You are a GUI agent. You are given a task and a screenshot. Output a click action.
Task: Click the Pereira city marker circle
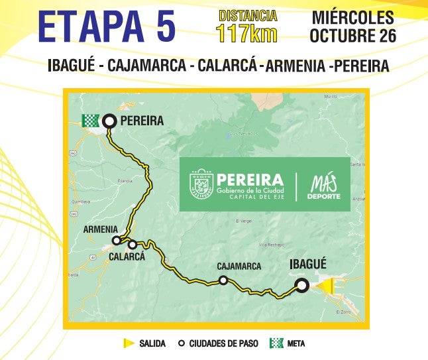[x=109, y=121]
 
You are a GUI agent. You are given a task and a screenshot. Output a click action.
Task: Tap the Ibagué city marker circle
[x=301, y=286]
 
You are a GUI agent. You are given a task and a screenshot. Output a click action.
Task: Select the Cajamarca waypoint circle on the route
[x=223, y=280]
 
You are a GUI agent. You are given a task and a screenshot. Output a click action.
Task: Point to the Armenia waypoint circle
[x=117, y=241]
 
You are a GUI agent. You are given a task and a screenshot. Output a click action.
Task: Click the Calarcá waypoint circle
[x=132, y=245]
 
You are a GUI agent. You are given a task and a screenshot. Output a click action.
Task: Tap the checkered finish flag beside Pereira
[x=90, y=121]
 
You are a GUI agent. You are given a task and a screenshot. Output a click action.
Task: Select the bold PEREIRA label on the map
[x=142, y=121]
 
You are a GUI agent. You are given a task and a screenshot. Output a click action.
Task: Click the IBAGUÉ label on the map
[x=309, y=265]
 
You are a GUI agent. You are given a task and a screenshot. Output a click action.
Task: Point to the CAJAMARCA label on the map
[x=239, y=267]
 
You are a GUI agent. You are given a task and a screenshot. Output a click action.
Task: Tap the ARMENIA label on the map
[x=101, y=229]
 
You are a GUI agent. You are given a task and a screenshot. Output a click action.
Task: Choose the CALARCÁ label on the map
[x=127, y=257]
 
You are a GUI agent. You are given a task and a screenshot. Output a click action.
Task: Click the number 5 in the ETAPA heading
[x=165, y=28]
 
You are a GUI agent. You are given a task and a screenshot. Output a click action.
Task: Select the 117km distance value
[x=246, y=33]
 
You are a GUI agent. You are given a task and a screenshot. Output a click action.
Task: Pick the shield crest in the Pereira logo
[x=201, y=184]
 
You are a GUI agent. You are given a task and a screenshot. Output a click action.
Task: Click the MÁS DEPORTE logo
[x=325, y=186]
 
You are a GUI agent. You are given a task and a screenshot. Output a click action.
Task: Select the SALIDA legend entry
[x=146, y=343]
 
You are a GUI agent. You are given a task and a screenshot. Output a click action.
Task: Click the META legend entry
[x=287, y=343]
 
